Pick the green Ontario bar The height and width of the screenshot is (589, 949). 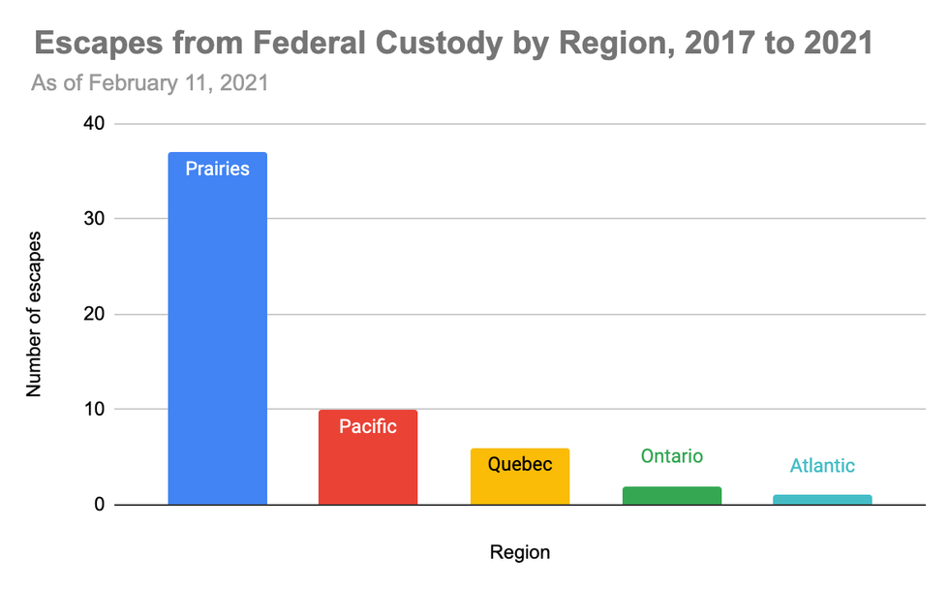click(671, 495)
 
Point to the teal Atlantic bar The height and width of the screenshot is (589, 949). click(823, 500)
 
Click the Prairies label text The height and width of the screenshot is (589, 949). click(217, 169)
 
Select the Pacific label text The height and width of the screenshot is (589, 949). click(368, 426)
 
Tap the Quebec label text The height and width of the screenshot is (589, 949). click(520, 464)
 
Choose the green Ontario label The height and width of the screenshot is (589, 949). click(671, 455)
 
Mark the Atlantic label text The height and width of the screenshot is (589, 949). click(823, 465)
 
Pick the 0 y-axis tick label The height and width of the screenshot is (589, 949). click(98, 505)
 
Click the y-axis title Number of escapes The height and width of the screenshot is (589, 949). click(35, 313)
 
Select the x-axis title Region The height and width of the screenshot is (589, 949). click(520, 553)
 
